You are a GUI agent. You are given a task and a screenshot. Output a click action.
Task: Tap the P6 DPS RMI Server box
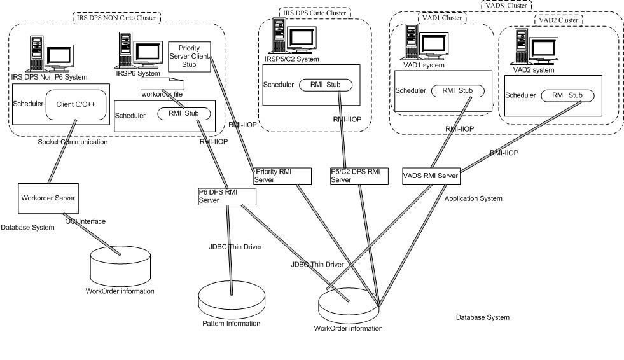226,196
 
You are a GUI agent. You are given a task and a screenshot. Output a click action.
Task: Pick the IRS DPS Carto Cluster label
314,12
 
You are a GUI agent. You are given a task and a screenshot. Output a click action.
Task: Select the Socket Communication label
73,142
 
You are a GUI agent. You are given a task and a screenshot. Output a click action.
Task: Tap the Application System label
473,198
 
